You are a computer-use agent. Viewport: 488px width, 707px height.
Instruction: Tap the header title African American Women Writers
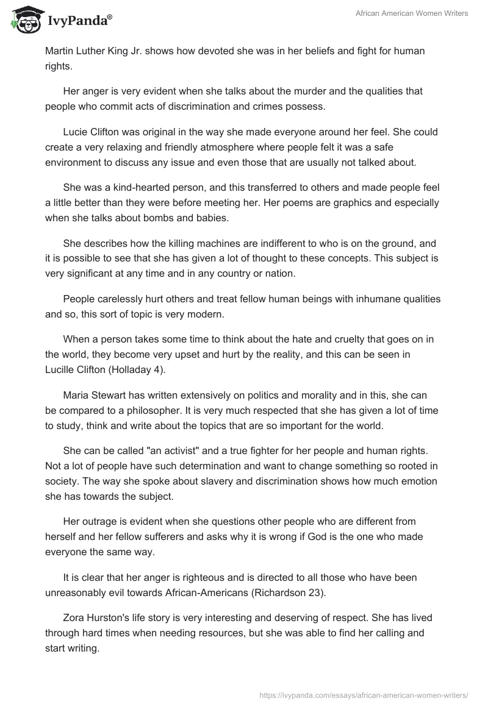tap(412, 13)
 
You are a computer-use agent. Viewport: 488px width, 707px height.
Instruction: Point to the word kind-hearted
tap(136, 186)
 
